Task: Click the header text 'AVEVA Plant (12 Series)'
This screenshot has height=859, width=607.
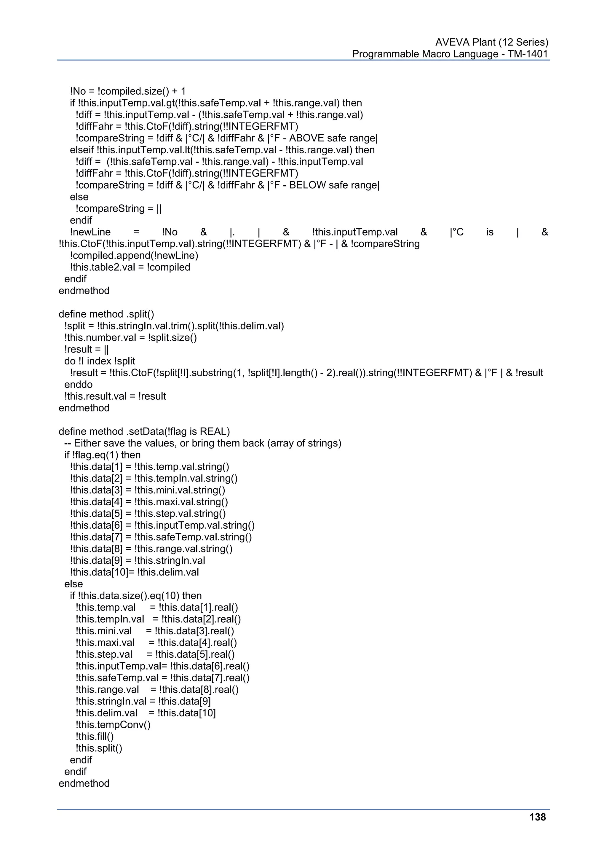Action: coord(491,42)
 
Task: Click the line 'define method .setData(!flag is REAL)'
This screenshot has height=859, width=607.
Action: coord(144,431)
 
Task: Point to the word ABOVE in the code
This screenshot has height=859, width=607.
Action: coord(306,138)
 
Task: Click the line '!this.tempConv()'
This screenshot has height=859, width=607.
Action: coord(113,725)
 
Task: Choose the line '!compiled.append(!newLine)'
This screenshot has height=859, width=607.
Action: coord(134,256)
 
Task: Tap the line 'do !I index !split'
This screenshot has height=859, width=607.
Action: coord(100,361)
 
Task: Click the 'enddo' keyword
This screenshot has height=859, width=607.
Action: coord(78,384)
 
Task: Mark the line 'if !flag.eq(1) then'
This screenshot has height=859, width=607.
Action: coord(103,455)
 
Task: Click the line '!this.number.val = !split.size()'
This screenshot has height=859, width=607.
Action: coord(130,337)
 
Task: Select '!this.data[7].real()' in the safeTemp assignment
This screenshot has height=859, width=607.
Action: coord(210,678)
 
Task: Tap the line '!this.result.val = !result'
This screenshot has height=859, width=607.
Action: coord(115,396)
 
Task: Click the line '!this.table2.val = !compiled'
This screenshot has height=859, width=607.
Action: coord(130,267)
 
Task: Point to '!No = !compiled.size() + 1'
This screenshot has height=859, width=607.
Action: coord(127,91)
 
